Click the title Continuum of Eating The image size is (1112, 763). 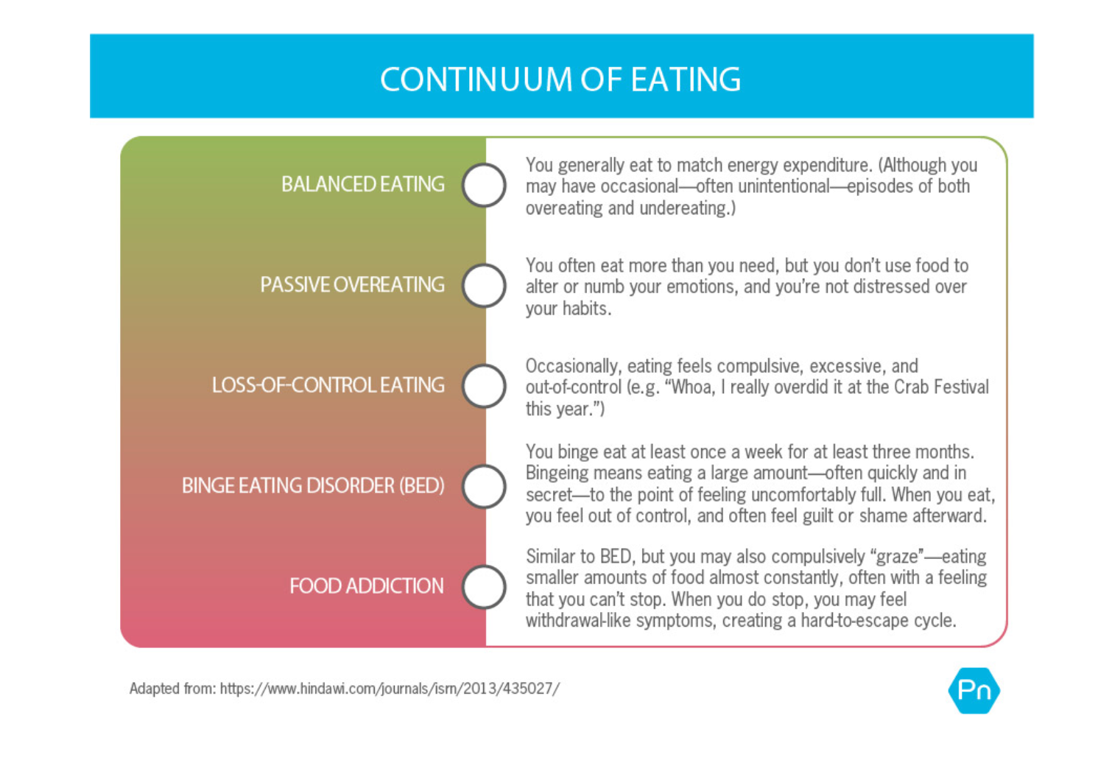coord(560,80)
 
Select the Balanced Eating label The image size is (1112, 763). coord(362,184)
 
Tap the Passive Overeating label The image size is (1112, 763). coord(352,285)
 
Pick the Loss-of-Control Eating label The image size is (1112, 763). coord(328,385)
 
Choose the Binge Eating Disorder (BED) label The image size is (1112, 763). coord(313,486)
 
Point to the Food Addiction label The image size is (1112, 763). coord(366,586)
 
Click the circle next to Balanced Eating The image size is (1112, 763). coord(484,184)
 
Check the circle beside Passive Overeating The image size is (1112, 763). coord(484,285)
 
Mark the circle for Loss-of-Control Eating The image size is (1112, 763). coord(484,386)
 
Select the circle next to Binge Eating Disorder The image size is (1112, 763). coord(484,486)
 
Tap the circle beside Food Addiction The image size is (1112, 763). coord(484,586)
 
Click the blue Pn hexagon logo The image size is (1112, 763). coord(974,691)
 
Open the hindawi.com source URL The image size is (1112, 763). coord(390,689)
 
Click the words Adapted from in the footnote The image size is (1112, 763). coord(172,689)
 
